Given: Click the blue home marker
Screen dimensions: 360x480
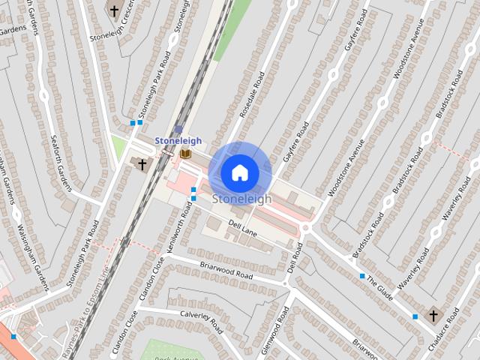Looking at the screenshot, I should [240, 172].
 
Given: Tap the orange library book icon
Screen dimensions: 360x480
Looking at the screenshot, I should [184, 154].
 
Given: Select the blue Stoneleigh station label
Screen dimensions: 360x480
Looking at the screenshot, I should [178, 140].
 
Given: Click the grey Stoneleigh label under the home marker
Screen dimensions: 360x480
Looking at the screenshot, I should [241, 199].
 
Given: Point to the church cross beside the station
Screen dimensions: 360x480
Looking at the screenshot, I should [141, 163].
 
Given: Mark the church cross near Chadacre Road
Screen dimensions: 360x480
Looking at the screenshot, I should [433, 316].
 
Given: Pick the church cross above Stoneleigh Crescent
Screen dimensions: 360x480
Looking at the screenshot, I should [114, 11].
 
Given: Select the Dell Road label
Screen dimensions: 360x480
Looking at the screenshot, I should [293, 257].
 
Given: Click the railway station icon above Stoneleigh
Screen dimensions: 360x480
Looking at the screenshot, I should [178, 129].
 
